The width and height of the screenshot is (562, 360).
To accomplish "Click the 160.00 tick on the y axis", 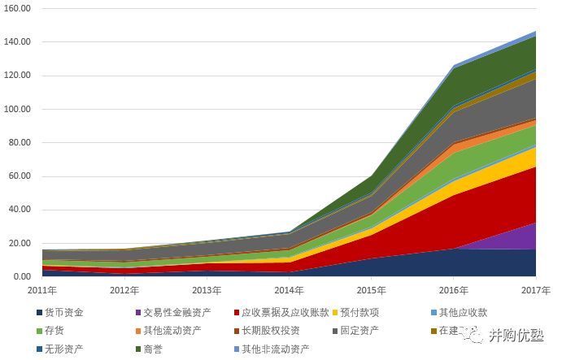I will (x=17, y=8).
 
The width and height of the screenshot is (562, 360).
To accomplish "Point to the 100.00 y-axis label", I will (x=17, y=109).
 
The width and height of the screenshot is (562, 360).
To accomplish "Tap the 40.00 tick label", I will (x=20, y=210).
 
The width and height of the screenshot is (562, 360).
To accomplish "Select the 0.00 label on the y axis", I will (x=22, y=277).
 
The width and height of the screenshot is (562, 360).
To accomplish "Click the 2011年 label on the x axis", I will (x=42, y=290).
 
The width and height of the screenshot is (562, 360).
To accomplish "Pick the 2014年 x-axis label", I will (x=289, y=290).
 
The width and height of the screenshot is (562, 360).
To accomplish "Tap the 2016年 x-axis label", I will (x=453, y=290).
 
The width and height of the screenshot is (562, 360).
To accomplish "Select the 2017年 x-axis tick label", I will (x=534, y=290).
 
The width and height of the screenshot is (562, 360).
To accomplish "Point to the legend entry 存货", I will (x=55, y=331).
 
